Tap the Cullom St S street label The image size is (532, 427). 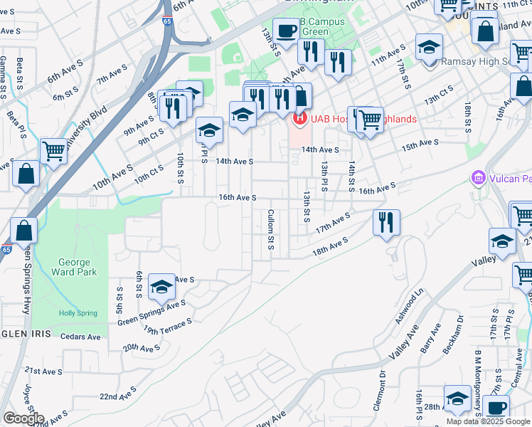[x=271, y=229]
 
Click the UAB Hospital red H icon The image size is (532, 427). [x=299, y=118]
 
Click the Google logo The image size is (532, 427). [x=23, y=418]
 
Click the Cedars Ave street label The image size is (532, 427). [x=81, y=337]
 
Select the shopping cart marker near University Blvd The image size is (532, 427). [x=53, y=151]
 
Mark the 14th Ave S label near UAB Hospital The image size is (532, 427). [x=319, y=150]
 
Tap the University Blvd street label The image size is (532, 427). [x=94, y=125]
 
